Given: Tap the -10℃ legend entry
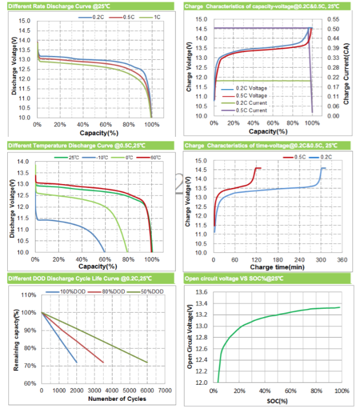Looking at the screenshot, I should [x=99, y=158].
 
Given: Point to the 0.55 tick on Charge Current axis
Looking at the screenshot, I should [x=333, y=19].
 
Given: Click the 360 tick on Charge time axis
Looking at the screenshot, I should [x=342, y=260].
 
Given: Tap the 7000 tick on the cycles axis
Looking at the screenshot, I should [x=164, y=391].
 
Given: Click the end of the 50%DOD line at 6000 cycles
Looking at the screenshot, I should [x=147, y=363].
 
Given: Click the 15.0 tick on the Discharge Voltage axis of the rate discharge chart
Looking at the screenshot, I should [x=24, y=21].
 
